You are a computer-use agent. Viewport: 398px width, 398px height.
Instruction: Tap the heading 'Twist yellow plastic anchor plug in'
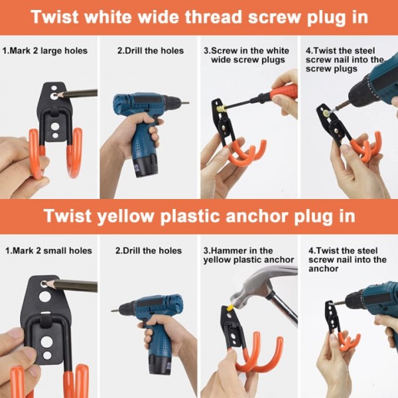(x=199, y=217)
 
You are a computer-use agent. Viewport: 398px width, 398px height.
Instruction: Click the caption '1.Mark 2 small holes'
(x=48, y=251)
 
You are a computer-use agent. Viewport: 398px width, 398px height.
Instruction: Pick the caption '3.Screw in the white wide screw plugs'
(x=247, y=55)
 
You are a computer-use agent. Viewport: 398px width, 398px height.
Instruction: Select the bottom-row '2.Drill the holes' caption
(x=148, y=251)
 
